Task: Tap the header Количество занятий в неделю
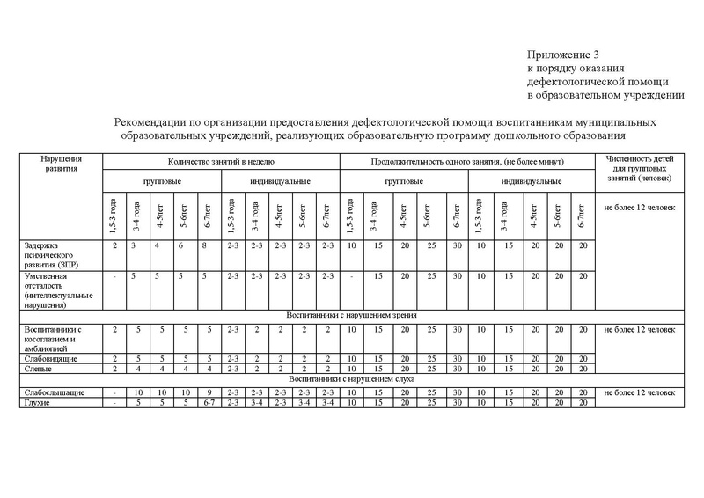pos(221,162)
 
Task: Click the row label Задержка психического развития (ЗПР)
pos(52,254)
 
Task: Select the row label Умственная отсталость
pos(52,289)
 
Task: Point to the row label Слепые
pos(33,369)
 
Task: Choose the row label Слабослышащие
pos(45,392)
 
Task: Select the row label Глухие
pos(34,401)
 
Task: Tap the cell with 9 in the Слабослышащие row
pos(208,392)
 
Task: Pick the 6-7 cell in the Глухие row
pos(208,401)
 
